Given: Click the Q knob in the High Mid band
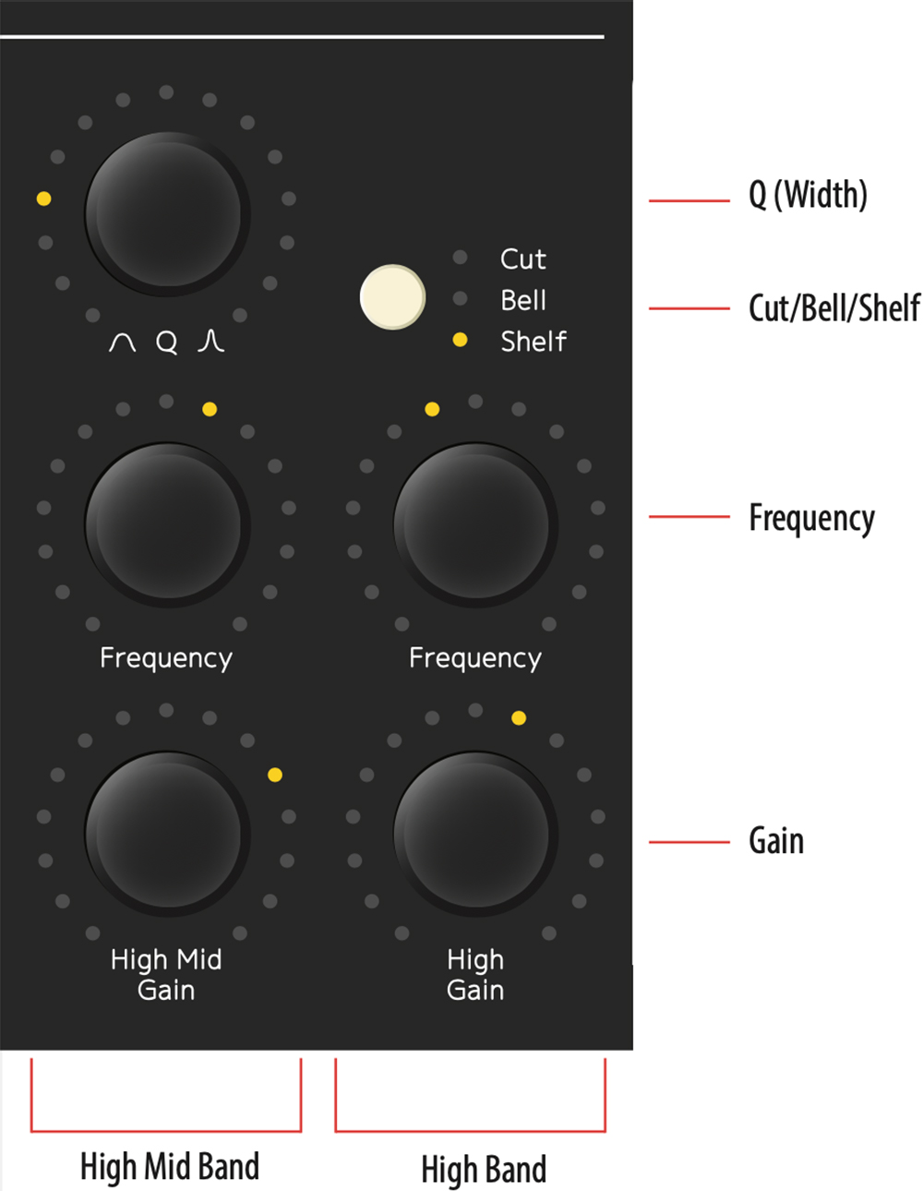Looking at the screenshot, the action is click(167, 214).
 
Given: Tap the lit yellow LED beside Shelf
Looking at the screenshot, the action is click(461, 340).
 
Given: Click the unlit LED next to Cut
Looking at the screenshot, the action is click(461, 257).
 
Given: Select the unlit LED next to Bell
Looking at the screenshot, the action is click(461, 298).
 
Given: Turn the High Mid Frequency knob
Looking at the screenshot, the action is click(167, 524).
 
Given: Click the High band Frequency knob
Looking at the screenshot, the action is click(475, 524).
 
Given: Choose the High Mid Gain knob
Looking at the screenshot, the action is click(167, 834).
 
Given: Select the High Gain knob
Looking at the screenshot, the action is click(475, 834).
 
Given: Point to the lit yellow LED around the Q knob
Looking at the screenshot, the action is click(43, 198).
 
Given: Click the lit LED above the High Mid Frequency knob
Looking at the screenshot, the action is click(210, 409).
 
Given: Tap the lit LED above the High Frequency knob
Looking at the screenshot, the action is click(432, 409).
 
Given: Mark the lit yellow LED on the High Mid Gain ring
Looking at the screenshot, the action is click(275, 775).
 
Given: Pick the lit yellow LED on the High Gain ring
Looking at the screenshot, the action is click(519, 718).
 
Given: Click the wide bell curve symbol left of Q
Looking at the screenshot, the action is click(122, 343).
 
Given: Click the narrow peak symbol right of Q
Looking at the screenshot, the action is click(210, 341).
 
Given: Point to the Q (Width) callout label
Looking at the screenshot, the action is click(808, 195).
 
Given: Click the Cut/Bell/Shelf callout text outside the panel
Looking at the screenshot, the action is click(834, 307).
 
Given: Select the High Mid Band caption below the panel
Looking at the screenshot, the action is click(170, 1166).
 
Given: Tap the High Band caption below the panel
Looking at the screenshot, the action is click(484, 1169).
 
